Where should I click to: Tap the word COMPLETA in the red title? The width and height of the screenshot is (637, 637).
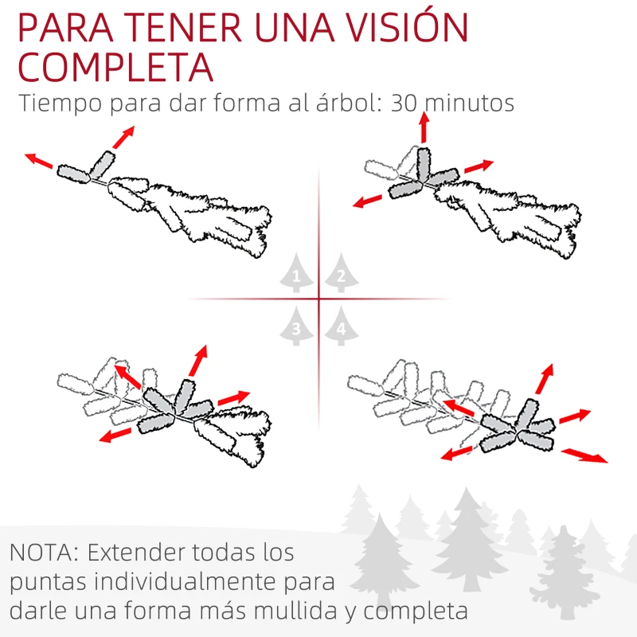coord(115,69)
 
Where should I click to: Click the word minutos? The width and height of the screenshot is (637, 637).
coord(470,104)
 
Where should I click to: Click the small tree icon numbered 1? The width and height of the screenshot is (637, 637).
coord(296,276)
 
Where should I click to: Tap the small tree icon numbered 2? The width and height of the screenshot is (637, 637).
coord(341,276)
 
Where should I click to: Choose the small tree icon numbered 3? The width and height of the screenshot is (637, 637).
coord(296,326)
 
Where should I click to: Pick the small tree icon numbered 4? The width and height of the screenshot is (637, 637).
coord(341,326)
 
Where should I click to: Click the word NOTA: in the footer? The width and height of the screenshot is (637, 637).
coord(45,552)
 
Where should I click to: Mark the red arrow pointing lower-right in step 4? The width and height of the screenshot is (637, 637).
coord(584,455)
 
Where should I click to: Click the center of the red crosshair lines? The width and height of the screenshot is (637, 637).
coord(319,299)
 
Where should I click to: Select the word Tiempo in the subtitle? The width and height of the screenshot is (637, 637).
coord(59,104)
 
